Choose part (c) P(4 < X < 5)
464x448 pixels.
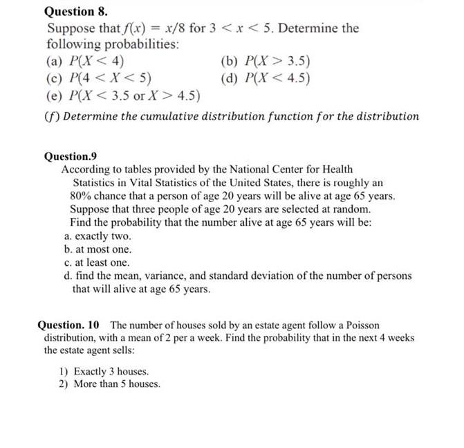[x=100, y=77]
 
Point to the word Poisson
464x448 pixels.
[x=362, y=325]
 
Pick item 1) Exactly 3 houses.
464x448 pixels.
[x=104, y=371]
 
